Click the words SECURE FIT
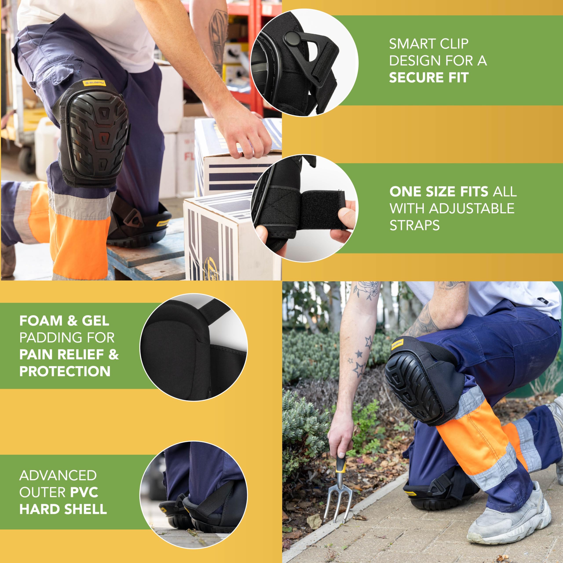tap(429, 77)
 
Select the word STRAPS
tap(414, 225)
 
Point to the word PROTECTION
tap(65, 371)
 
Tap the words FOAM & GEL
tap(64, 321)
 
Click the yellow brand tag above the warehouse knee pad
tap(94, 83)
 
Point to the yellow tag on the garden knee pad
tap(397, 344)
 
